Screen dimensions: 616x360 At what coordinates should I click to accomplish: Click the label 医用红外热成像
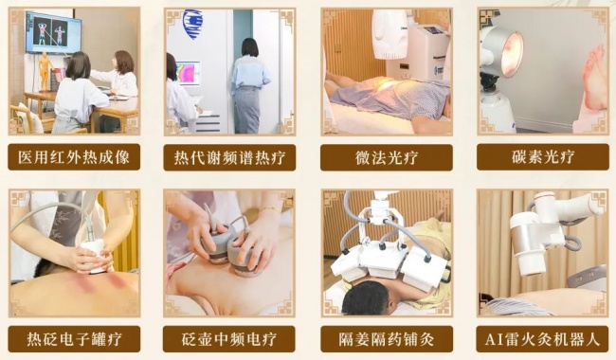pos(74,157)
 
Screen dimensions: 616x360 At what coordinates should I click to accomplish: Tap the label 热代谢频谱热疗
pos(229,158)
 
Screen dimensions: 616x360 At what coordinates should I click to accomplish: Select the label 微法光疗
pos(387,158)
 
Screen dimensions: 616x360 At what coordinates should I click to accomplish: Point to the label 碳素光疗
pos(543,157)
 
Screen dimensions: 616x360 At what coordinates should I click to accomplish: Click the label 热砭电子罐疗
pos(74,339)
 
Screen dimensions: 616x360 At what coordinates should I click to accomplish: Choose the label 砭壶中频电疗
pos(229,339)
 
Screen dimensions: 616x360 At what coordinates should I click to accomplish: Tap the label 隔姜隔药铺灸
pos(387,339)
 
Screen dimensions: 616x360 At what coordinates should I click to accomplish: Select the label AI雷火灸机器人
pos(542,339)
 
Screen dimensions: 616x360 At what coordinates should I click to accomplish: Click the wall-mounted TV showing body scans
pos(53,33)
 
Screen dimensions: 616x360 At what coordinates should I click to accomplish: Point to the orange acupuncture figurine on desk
pos(45,72)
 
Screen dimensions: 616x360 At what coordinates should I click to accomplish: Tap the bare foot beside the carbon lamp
pos(594,78)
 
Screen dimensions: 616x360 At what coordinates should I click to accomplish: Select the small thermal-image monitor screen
pos(188,73)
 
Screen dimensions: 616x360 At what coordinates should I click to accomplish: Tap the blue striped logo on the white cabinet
pos(193,25)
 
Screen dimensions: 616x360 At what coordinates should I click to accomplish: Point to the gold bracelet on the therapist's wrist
pos(270,209)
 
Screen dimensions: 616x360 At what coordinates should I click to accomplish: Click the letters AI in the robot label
pos(492,339)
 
